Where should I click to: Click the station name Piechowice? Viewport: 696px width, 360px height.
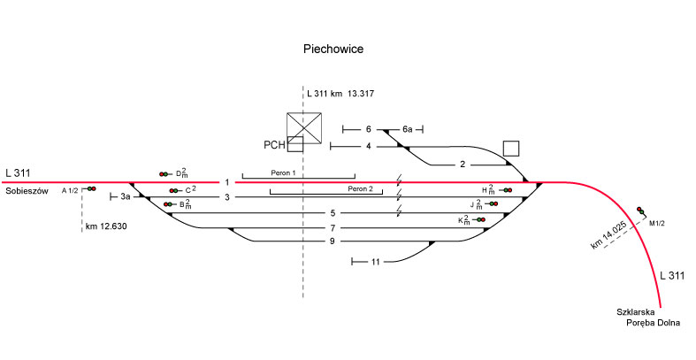click(333, 50)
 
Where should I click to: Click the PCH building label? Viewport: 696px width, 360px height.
click(274, 145)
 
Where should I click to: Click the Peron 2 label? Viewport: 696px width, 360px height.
click(360, 188)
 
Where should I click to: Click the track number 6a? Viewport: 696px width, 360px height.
click(407, 130)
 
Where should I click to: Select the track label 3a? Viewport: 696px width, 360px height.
click(126, 196)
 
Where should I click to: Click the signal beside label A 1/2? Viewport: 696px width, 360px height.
click(90, 189)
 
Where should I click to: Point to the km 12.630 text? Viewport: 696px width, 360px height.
click(106, 226)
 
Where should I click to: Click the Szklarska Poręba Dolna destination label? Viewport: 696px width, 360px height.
click(648, 317)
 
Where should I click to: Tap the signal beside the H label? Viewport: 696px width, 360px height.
click(505, 190)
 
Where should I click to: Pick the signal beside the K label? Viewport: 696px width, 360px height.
click(480, 219)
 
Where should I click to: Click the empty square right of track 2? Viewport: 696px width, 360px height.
click(510, 148)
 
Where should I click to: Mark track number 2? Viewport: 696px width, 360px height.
click(462, 165)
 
